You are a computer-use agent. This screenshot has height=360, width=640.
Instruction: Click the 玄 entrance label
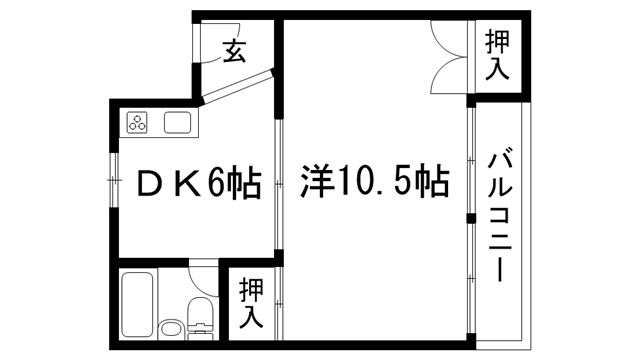pos(234,50)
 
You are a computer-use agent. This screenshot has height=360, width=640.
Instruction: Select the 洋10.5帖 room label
pos(374,183)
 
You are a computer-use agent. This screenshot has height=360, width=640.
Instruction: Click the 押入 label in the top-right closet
pos(497,56)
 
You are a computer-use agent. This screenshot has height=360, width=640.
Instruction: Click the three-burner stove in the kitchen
pos(138,125)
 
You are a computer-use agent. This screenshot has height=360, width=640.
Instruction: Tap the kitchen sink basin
pos(178,125)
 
